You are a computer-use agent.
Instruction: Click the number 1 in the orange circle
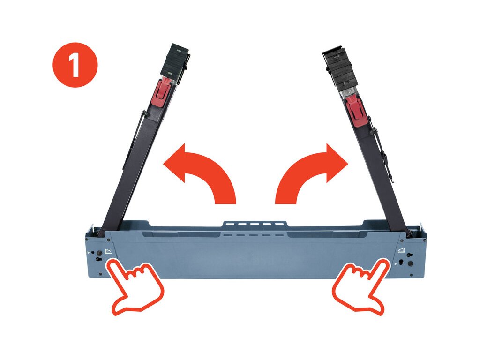[75, 65]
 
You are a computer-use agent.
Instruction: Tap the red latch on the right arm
[355, 110]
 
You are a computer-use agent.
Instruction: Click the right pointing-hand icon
[361, 285]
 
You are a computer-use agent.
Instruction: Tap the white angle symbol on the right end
[401, 250]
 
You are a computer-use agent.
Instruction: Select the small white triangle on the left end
[89, 253]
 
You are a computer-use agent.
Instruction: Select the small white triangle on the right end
[396, 263]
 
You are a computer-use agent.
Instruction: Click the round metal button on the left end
[99, 254]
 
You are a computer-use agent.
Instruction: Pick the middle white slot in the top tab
[255, 225]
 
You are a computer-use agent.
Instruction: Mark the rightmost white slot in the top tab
[279, 225]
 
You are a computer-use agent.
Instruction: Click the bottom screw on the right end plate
[412, 275]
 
